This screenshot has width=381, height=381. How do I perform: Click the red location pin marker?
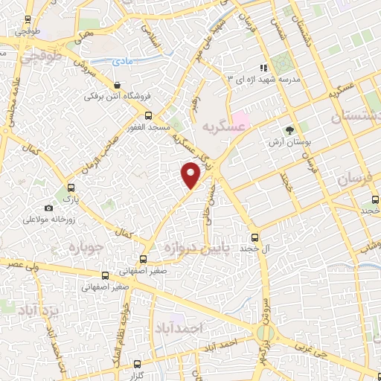click(192, 176)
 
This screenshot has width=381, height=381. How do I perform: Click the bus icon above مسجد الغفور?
click(147, 115)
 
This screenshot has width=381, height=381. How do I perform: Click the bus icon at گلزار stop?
click(136, 364)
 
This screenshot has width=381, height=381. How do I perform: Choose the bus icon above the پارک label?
click(71, 188)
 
